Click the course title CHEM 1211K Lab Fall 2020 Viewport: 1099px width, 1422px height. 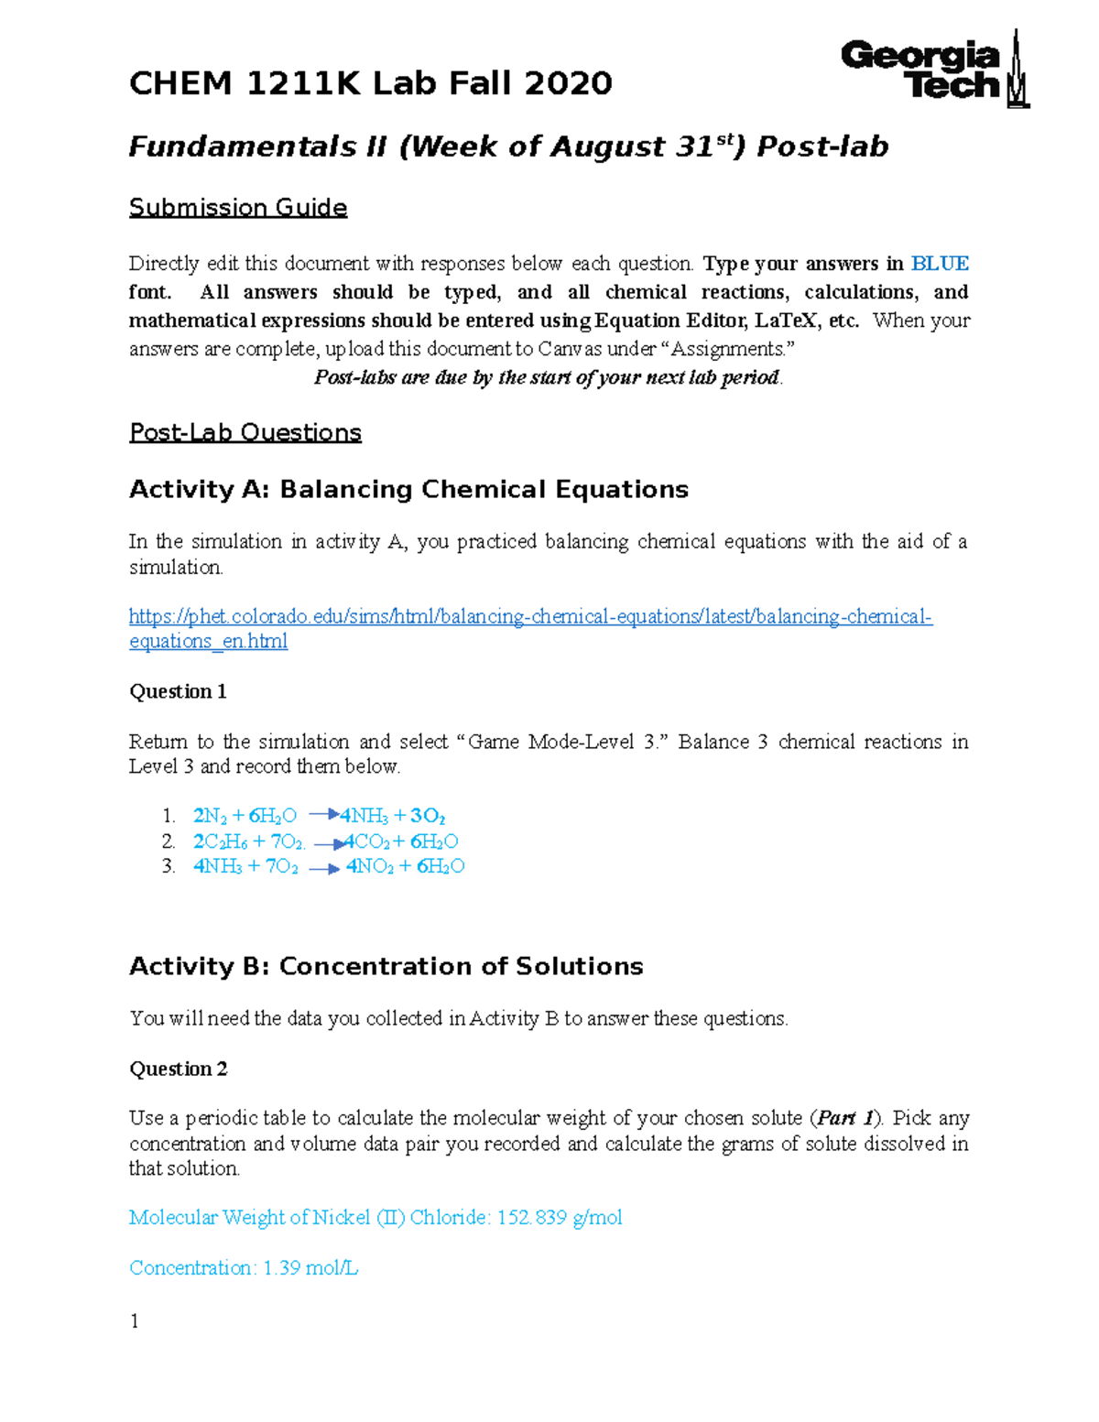tap(370, 84)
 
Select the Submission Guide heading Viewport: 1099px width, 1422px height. tap(237, 208)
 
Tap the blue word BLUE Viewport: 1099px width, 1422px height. tap(940, 264)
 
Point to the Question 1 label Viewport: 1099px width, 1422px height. tap(178, 691)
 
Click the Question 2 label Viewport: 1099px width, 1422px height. tap(178, 1069)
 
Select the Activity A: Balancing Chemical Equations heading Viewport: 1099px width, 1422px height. tap(408, 490)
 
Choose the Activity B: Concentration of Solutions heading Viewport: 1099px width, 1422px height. tap(386, 967)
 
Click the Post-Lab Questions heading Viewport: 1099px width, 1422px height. tap(245, 432)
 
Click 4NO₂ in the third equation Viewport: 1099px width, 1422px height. tap(370, 866)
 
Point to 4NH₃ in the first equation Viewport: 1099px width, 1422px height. tap(364, 816)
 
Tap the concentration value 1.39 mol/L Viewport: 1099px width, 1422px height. tap(310, 1268)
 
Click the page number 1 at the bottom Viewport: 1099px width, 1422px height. tap(135, 1320)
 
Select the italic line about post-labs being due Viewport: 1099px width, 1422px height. tap(548, 377)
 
